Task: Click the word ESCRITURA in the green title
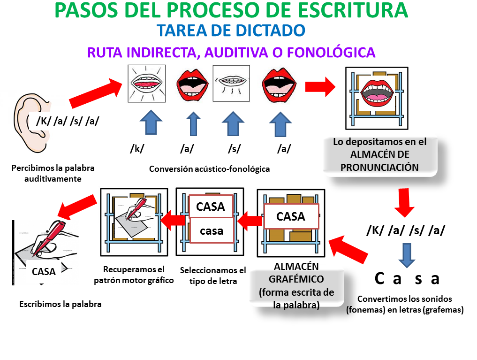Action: (x=353, y=10)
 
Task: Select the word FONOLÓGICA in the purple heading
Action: (x=331, y=53)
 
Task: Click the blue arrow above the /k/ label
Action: (x=151, y=123)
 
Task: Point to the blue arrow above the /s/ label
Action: (x=233, y=123)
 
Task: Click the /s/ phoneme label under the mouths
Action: (x=234, y=149)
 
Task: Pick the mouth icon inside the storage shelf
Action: (x=377, y=93)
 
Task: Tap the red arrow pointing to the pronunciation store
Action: (x=320, y=87)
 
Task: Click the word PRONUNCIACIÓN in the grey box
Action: (x=379, y=168)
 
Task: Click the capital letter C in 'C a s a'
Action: (x=379, y=278)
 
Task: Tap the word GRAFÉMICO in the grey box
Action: (x=296, y=279)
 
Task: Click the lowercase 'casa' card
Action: (x=212, y=230)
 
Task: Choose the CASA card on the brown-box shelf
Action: (x=291, y=216)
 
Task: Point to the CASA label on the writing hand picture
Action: (x=44, y=271)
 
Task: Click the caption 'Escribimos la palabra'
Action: (x=60, y=304)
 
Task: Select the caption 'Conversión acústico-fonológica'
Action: (x=209, y=169)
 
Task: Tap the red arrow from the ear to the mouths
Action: (x=96, y=93)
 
